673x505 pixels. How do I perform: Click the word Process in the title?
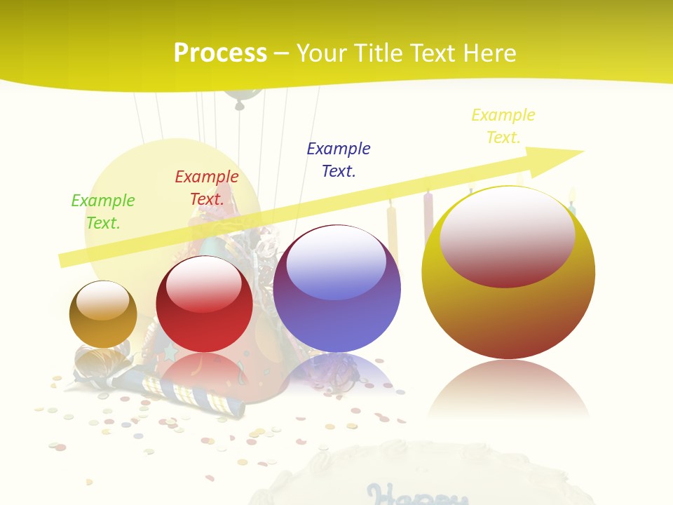click(x=220, y=53)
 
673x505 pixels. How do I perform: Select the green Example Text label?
click(x=103, y=211)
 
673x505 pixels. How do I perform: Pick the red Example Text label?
click(x=207, y=188)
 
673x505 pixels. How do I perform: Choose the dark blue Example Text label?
click(x=339, y=159)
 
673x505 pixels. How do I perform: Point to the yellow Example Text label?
click(x=503, y=126)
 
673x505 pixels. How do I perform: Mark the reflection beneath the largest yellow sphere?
click(x=508, y=389)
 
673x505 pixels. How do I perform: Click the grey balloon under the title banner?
click(x=240, y=97)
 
